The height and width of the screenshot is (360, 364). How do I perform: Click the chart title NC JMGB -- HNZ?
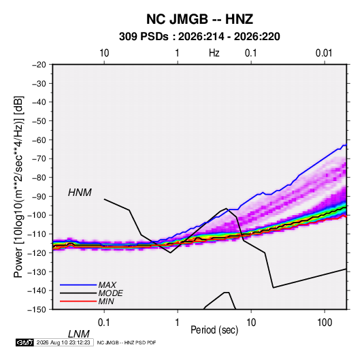tap(199, 19)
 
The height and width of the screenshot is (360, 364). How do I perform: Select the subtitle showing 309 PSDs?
tap(199, 37)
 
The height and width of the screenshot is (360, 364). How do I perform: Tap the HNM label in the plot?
tap(80, 193)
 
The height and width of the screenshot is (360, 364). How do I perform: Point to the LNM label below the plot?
tap(79, 334)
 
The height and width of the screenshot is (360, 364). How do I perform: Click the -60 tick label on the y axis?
tap(39, 140)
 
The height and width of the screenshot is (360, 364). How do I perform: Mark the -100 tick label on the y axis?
tap(37, 215)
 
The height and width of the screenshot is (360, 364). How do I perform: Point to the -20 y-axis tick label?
tap(39, 65)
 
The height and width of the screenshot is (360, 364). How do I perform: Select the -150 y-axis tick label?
tap(37, 310)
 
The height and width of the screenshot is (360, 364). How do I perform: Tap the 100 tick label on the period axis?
tap(325, 323)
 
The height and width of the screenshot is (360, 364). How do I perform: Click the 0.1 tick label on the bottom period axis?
tap(104, 323)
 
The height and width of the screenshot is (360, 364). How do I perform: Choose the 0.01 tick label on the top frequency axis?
tap(324, 53)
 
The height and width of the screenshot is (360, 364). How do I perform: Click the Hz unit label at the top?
tap(214, 53)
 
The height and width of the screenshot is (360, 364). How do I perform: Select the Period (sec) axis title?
tap(214, 330)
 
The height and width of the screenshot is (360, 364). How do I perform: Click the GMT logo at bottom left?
tap(25, 342)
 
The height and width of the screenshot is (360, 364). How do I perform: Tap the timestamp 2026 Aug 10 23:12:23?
tap(63, 342)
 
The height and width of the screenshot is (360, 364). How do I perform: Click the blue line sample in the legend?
tap(78, 285)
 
